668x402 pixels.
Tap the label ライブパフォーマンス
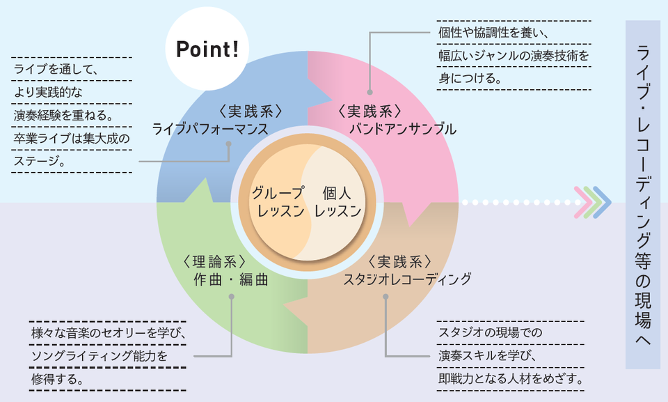(210, 129)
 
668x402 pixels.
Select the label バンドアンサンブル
(402, 129)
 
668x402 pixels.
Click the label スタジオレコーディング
(407, 279)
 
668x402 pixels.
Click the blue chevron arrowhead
(603, 202)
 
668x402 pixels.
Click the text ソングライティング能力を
(100, 356)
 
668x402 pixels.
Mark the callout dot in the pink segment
(369, 91)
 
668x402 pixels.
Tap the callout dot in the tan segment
(385, 297)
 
